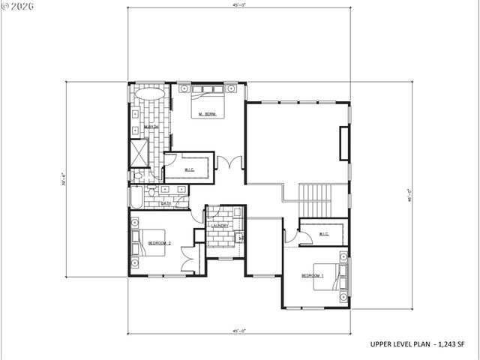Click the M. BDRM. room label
(x=208, y=115)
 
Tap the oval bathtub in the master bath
(x=151, y=96)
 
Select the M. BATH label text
(x=151, y=127)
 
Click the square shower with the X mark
(x=140, y=154)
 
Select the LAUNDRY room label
(x=219, y=226)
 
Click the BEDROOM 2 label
(x=160, y=244)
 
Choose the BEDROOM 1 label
(x=313, y=275)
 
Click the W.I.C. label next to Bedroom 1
(x=324, y=234)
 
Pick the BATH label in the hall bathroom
(x=165, y=203)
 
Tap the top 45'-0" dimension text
(x=239, y=5)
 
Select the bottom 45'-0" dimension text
(x=239, y=331)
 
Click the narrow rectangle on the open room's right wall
(x=344, y=144)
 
